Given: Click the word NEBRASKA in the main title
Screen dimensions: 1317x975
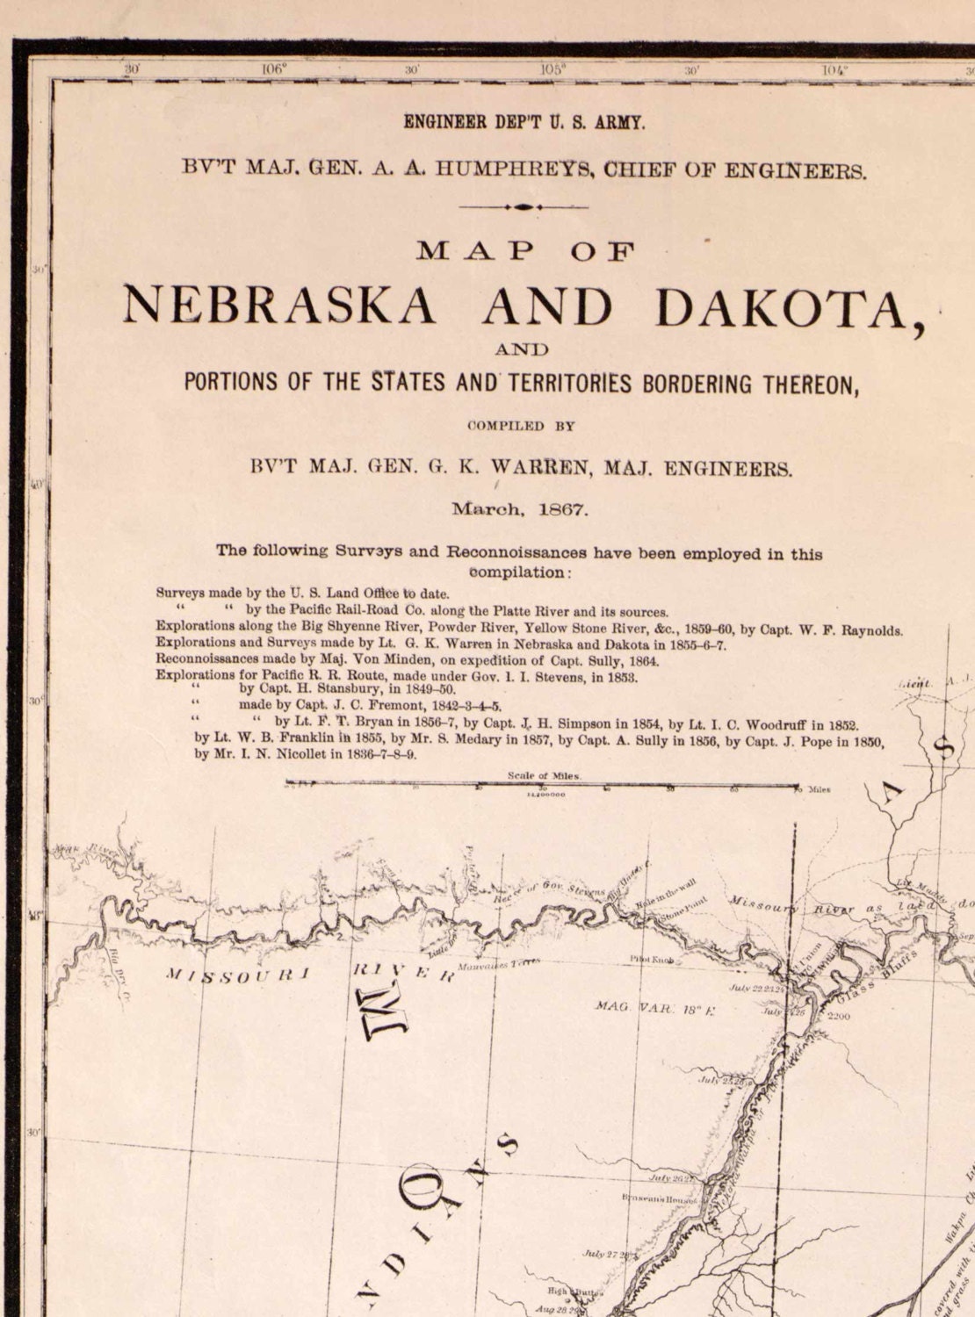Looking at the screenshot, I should pos(278,306).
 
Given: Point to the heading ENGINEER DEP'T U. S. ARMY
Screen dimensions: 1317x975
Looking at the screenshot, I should pos(524,123).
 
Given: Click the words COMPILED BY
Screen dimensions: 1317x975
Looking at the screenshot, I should pos(521,426).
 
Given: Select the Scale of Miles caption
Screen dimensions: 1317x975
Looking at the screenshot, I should pos(544,776).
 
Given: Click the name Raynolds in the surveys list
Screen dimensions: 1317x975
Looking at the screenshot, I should pos(867,630).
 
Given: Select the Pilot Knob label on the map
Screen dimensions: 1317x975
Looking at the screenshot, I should pos(652,961).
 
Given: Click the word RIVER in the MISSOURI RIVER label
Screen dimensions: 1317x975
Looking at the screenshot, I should pos(402,972).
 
